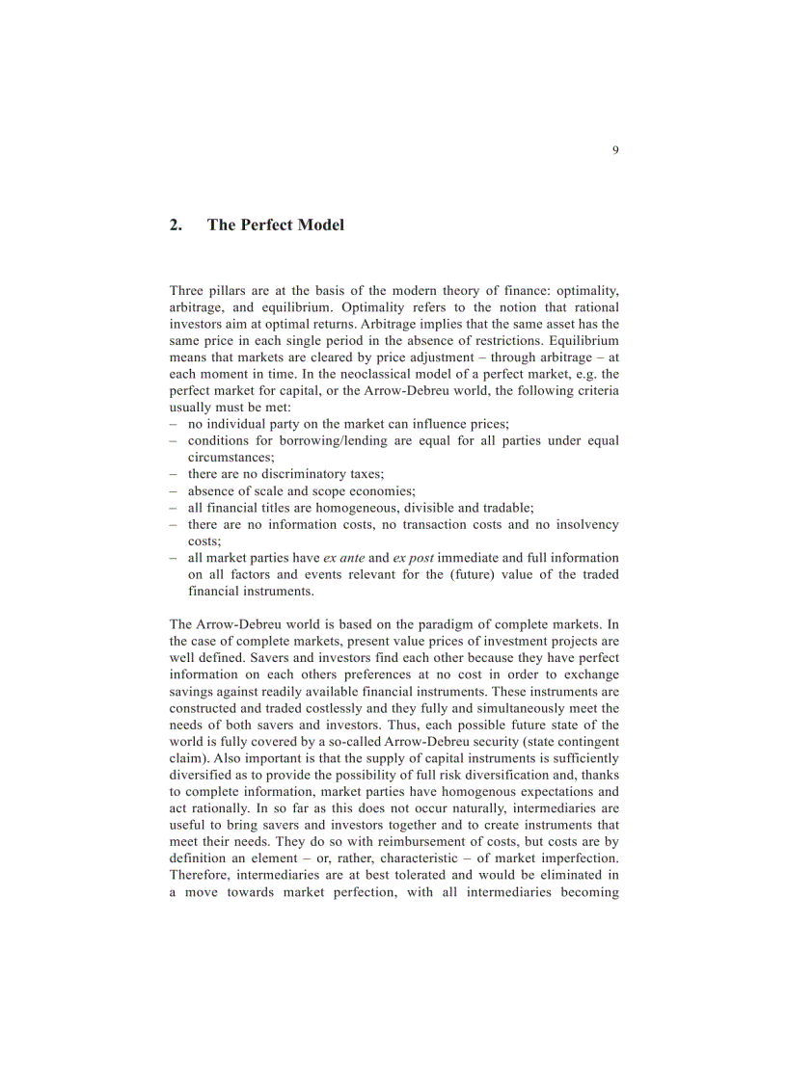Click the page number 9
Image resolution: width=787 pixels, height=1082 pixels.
(x=615, y=150)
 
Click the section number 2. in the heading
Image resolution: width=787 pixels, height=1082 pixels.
(x=176, y=225)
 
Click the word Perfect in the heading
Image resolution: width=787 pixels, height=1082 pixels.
(x=264, y=225)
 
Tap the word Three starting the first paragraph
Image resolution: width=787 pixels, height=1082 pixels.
(x=187, y=290)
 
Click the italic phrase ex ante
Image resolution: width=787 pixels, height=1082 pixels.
(x=343, y=558)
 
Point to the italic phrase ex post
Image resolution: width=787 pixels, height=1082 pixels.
(x=413, y=558)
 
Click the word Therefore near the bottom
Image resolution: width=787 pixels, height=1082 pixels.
(x=199, y=875)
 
